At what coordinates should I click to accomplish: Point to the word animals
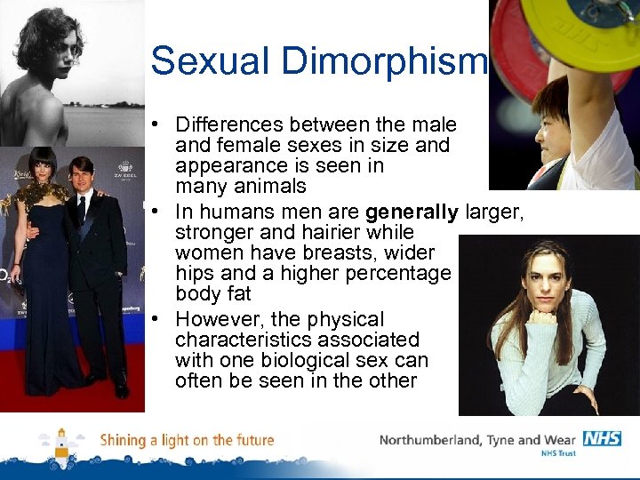268,187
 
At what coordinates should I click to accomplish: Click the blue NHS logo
602,438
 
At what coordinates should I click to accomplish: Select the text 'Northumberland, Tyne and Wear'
477,439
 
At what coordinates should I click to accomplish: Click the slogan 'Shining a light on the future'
187,440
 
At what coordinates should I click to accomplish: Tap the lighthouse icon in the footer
61,444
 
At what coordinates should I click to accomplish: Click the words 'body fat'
213,293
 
